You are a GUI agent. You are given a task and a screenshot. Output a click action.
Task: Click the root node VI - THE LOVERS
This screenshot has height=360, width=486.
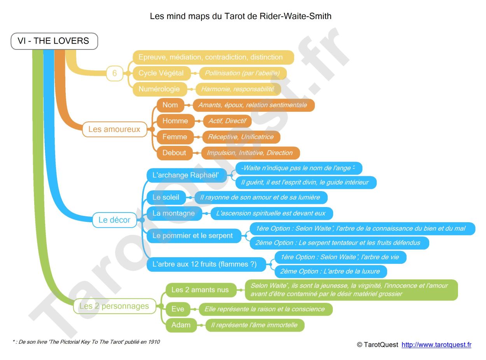(x=54, y=41)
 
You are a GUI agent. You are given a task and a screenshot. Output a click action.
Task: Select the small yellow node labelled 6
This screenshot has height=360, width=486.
(x=114, y=73)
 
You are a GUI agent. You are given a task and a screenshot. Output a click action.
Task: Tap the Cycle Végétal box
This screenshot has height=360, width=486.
(x=161, y=73)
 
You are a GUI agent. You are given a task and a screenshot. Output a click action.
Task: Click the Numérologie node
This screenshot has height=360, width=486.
(x=159, y=89)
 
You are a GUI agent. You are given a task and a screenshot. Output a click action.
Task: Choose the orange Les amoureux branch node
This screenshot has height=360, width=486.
(x=114, y=129)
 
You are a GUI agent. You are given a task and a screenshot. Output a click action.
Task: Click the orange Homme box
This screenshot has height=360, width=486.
(x=175, y=121)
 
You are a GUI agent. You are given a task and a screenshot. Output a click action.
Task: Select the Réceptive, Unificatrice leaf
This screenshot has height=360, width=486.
(x=241, y=137)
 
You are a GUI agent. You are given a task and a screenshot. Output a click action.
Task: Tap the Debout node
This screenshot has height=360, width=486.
(x=174, y=153)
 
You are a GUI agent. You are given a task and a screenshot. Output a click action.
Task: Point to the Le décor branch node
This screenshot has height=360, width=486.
(x=114, y=220)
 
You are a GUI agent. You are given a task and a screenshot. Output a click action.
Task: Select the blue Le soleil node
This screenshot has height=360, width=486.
(x=166, y=197)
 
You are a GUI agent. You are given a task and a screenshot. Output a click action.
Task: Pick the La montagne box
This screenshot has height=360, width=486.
(x=174, y=213)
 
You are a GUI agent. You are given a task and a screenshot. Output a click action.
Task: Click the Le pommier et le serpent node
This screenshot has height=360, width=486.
(x=193, y=236)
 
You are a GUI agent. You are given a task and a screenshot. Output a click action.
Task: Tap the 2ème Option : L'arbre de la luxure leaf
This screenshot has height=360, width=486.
(x=330, y=271)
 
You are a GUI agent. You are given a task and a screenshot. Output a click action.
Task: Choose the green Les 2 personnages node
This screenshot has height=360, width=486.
(x=114, y=306)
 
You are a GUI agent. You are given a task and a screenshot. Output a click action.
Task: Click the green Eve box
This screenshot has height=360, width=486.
(x=178, y=309)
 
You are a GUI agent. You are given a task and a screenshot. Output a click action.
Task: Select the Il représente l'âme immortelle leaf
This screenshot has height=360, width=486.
(x=254, y=325)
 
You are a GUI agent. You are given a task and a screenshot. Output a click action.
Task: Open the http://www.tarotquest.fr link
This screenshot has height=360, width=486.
(x=436, y=345)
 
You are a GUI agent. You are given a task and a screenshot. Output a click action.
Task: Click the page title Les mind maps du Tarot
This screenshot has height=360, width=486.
(x=240, y=16)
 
